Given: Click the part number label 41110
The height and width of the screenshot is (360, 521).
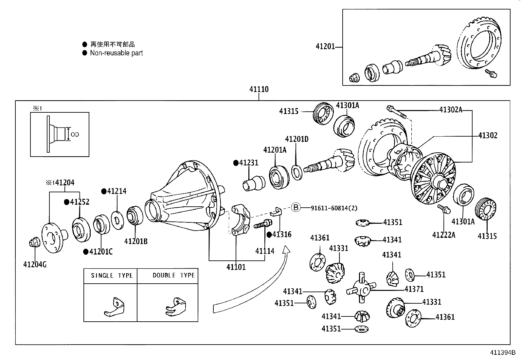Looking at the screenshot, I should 259,89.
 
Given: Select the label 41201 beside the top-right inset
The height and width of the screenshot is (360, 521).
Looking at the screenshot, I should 325,47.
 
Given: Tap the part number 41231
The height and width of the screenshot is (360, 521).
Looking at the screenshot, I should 248,163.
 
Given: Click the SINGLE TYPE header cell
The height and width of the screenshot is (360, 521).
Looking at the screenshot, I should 111,276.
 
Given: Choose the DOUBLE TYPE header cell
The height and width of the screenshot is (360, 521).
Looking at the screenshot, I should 173,275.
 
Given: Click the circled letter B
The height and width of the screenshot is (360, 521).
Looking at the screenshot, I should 296,207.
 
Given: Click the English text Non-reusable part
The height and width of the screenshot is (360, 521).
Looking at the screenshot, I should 116,53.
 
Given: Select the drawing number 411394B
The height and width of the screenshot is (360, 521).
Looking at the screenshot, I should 502,353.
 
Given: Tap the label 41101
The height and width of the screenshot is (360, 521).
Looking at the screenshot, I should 236,267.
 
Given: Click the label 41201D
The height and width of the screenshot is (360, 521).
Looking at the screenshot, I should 296,139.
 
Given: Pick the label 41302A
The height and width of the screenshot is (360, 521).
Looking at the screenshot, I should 450,110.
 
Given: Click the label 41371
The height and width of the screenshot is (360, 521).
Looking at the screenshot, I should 414,289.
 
